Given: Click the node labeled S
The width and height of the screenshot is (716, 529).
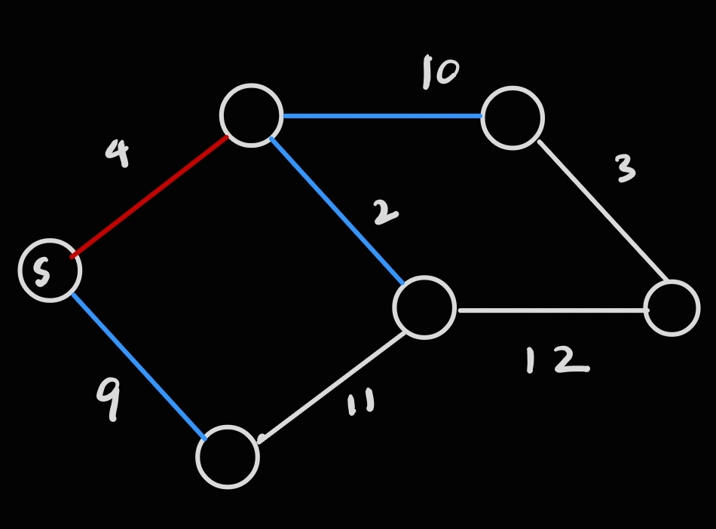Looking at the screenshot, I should tap(50, 271).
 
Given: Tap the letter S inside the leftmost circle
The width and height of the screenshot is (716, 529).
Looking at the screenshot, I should tap(42, 272).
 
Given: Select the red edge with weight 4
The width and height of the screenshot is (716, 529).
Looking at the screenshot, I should tap(149, 197).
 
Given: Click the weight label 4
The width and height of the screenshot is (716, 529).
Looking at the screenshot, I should tap(118, 153).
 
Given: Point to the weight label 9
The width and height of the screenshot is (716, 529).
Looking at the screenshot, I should tap(109, 397).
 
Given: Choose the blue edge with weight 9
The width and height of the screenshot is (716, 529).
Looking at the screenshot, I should tap(138, 365).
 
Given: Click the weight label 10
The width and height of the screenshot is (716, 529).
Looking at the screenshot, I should tap(440, 72).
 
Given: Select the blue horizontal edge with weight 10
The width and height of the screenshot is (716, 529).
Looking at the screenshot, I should tap(382, 116).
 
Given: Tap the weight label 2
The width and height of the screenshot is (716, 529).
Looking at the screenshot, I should tap(384, 213).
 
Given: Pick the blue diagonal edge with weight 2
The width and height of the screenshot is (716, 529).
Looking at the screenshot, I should tap(338, 211).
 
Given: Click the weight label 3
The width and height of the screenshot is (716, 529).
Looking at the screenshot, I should tap(625, 169).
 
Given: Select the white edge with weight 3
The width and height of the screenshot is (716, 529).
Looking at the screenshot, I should tap(603, 211).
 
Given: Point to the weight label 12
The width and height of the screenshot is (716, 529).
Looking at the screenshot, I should tap(556, 360).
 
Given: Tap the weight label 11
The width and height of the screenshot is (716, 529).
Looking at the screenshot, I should tap(360, 403).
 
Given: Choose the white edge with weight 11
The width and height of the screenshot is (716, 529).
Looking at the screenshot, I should tap(333, 385).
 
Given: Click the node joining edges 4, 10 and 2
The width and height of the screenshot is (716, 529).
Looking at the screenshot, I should tap(252, 115).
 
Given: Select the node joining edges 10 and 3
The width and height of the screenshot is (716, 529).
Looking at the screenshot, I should tap(513, 118).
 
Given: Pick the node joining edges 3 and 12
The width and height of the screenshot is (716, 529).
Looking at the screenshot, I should tap(672, 308).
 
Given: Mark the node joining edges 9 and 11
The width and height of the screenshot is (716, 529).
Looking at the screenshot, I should tap(228, 457).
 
